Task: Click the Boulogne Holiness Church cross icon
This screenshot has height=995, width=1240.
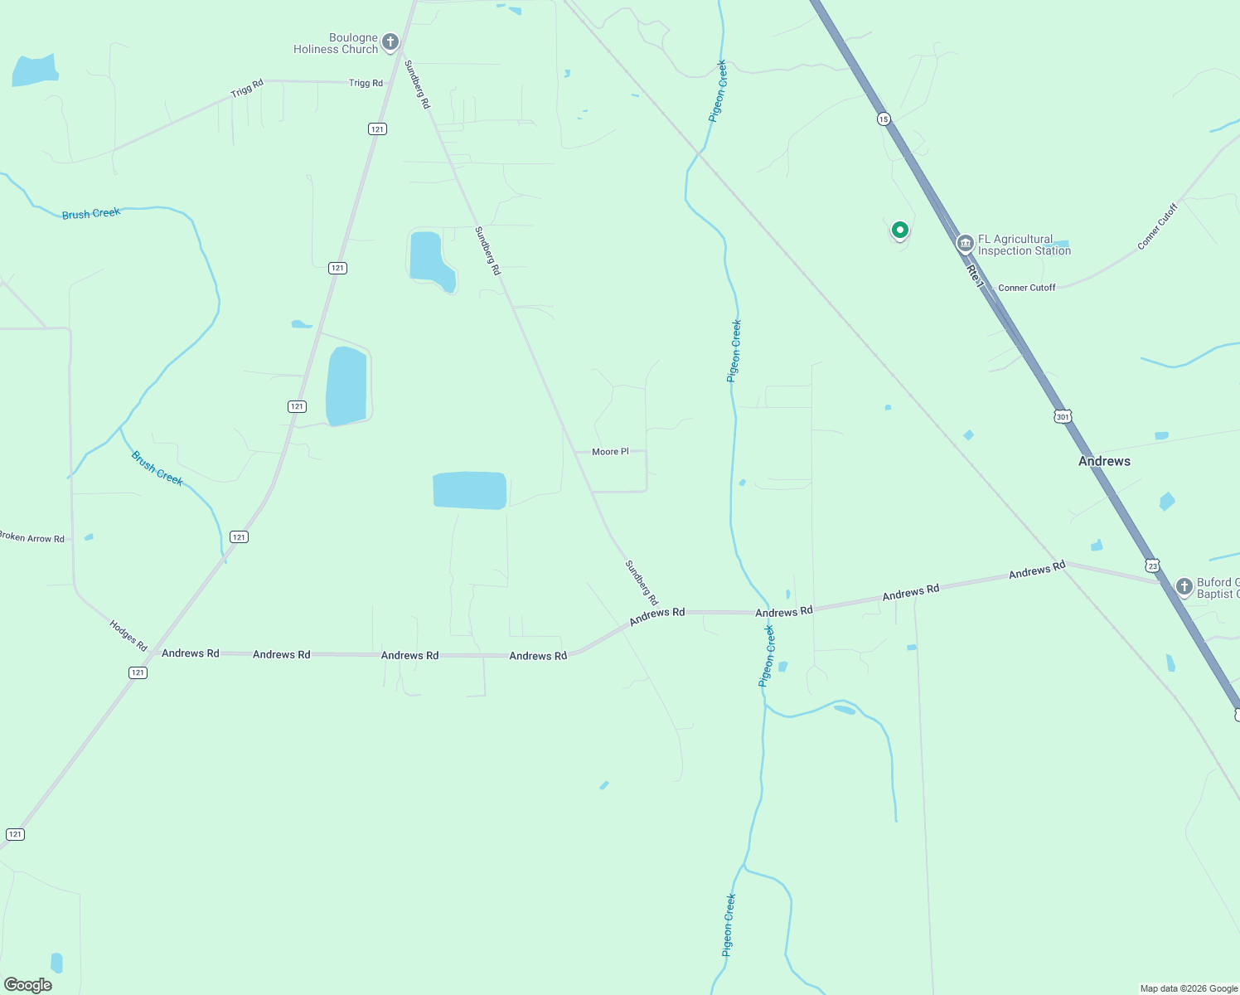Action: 390,41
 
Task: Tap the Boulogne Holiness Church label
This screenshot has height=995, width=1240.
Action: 336,44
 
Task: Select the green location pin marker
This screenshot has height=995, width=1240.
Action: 899,230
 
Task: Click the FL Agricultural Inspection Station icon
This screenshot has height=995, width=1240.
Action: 965,244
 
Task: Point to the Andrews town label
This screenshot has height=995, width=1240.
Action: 1104,461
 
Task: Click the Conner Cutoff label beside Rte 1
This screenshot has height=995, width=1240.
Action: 1026,288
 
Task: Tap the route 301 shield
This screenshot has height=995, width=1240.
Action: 1063,416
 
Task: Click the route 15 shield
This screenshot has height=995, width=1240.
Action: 884,119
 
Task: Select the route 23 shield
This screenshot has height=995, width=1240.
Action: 1152,565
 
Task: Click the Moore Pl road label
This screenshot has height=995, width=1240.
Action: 610,452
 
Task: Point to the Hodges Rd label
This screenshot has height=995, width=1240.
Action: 128,635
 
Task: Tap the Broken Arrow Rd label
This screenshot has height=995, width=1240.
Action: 31,538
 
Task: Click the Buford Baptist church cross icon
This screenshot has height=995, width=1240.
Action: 1184,586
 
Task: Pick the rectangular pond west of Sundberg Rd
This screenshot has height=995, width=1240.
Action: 469,490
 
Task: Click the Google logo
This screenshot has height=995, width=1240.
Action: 28,985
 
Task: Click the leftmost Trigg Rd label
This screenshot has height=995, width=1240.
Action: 247,88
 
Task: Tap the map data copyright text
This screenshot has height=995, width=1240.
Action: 1189,988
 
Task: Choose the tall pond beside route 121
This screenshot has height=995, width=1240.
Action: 346,386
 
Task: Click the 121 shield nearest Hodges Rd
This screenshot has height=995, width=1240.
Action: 138,672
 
